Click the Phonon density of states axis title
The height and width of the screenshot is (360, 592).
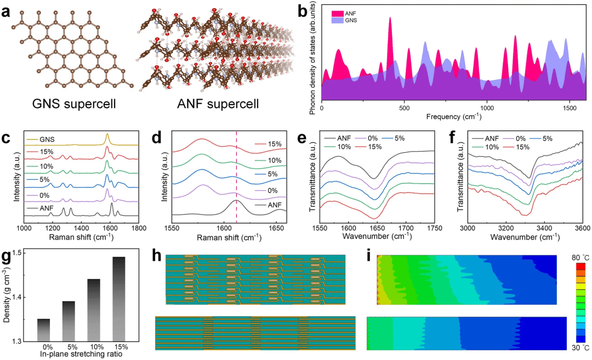313,58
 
